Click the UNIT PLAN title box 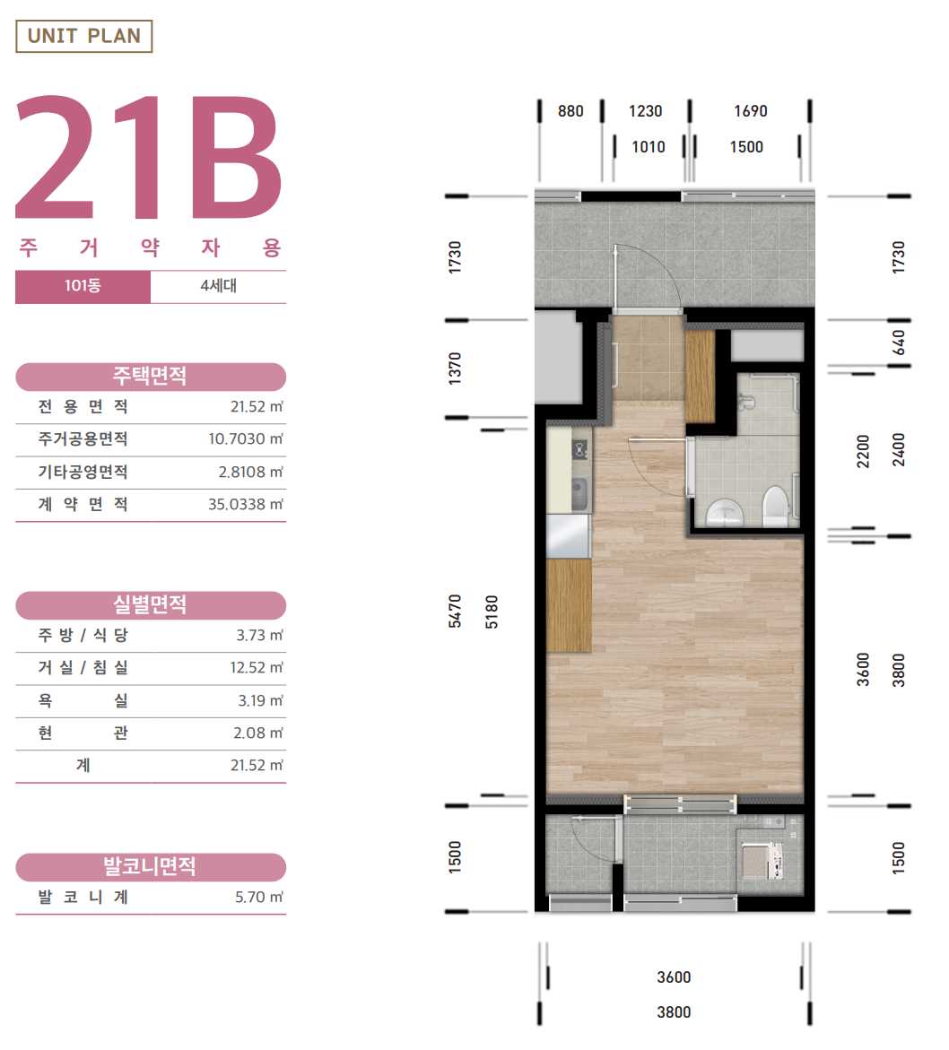pos(83,36)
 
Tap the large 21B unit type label pos(148,158)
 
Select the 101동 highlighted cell pos(83,287)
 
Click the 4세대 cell pos(218,287)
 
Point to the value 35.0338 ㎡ pos(245,504)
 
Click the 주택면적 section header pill pos(151,377)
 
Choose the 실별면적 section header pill pos(151,605)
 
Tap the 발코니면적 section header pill pos(151,867)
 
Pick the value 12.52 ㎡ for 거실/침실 pos(257,668)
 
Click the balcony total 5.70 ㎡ pos(258,898)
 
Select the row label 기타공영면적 pos(83,472)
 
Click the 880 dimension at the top pos(570,111)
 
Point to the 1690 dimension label pos(750,111)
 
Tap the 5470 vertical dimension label pos(455,611)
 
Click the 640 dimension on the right pos(898,343)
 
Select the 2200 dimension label pos(863,451)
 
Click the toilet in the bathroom pos(775,506)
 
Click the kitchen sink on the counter pos(580,493)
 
